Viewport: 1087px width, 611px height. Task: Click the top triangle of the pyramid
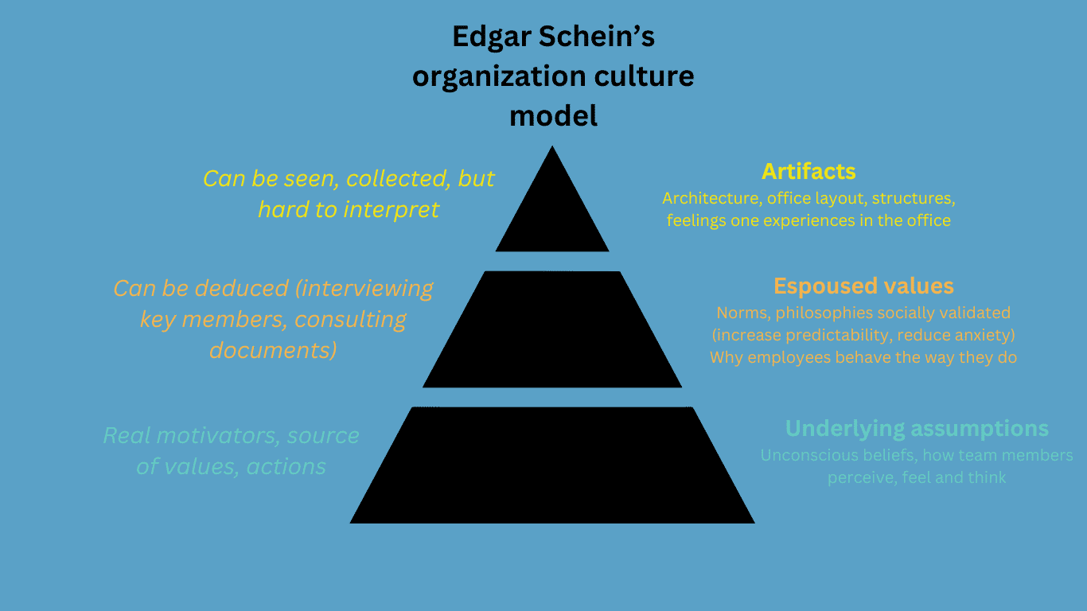click(x=552, y=213)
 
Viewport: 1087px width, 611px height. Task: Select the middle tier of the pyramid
click(x=552, y=329)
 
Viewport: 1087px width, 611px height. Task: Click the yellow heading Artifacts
click(x=808, y=171)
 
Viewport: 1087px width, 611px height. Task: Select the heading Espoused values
click(x=863, y=286)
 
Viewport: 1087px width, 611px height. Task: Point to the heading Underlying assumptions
click(x=918, y=429)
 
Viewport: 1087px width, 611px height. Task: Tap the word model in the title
click(x=553, y=116)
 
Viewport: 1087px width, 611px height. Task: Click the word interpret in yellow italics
click(x=392, y=210)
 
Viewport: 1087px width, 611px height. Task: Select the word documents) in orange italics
click(x=273, y=350)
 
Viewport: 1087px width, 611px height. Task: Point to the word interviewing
click(x=364, y=289)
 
